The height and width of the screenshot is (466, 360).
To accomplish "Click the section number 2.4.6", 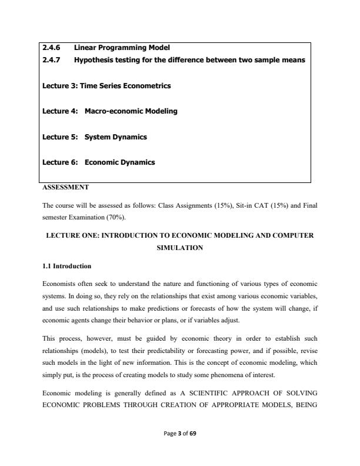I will (51, 47).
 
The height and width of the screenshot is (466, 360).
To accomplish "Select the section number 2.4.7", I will (51, 60).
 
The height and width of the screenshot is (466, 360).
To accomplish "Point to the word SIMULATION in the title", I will (179, 248).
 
